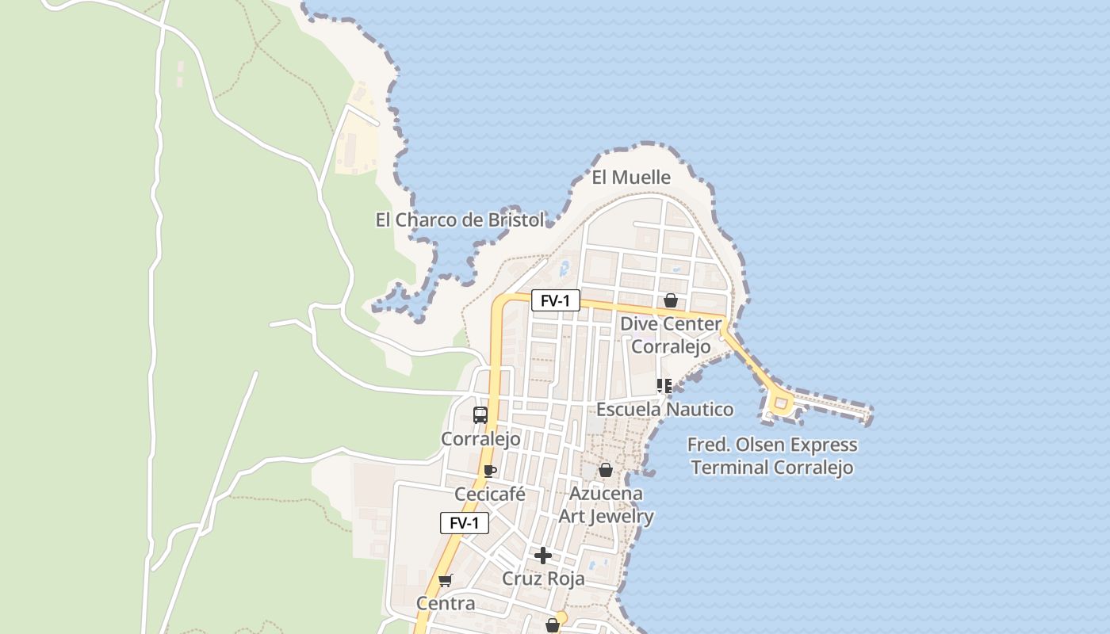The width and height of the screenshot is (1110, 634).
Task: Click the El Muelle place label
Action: [x=631, y=178]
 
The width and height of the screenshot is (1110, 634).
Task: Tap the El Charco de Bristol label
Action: [x=460, y=220]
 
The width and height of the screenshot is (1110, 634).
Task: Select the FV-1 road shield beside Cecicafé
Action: [x=465, y=523]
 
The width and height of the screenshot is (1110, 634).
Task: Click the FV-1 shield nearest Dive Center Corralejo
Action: [x=555, y=300]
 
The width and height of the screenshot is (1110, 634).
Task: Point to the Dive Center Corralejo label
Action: [x=671, y=335]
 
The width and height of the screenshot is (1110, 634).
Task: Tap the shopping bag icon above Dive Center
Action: [x=670, y=300]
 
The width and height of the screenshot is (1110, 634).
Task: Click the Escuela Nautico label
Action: [x=664, y=409]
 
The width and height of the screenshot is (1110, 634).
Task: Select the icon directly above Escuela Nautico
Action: [x=664, y=386]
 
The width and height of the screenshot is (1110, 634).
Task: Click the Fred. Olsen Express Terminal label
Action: [x=772, y=456]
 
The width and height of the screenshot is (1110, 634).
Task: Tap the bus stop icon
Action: [x=480, y=414]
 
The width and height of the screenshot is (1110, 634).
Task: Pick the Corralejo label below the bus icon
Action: [x=480, y=438]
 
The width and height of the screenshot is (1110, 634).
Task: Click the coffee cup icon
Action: [x=490, y=471]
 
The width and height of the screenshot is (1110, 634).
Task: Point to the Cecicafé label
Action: [x=490, y=494]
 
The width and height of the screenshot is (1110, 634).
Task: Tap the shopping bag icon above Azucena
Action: [x=606, y=470]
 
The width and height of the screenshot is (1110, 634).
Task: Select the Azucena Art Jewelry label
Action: [x=607, y=505]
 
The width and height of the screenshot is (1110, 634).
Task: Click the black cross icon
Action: [x=543, y=556]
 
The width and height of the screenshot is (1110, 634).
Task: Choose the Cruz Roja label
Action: [x=544, y=579]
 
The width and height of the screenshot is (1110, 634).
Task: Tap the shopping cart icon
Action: [x=446, y=580]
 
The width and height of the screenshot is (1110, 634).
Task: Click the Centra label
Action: [x=446, y=603]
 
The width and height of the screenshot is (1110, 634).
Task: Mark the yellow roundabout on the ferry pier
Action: [x=781, y=404]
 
